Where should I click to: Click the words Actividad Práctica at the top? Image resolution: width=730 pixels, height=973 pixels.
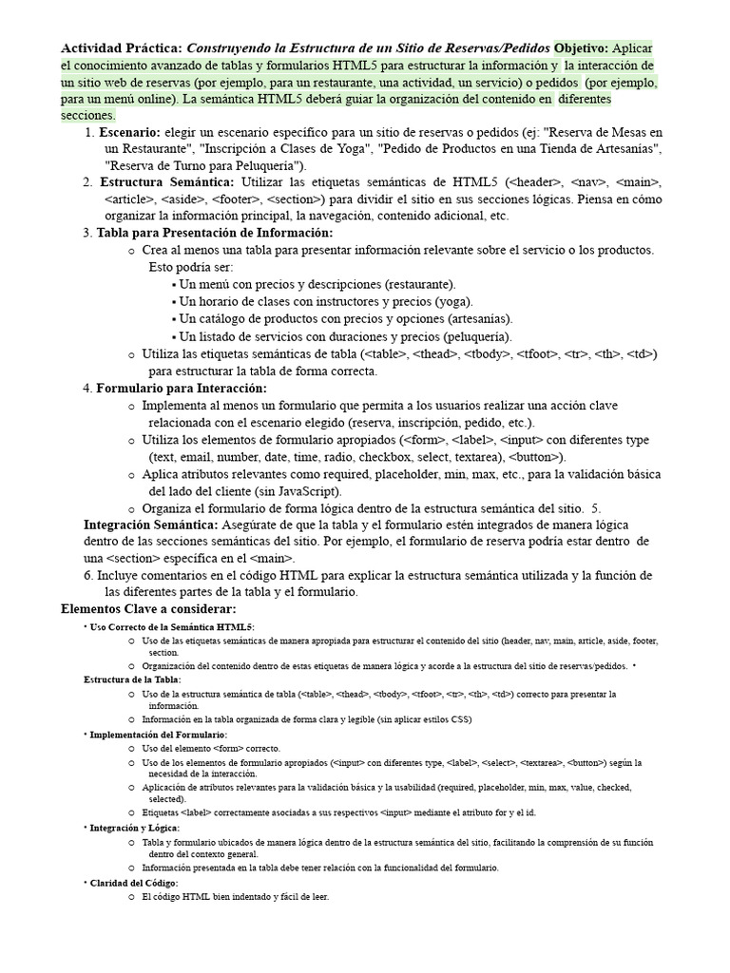click(x=122, y=48)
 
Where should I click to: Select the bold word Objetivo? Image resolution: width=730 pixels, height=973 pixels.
click(x=581, y=48)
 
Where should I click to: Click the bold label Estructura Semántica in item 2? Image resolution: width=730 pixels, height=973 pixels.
click(x=166, y=181)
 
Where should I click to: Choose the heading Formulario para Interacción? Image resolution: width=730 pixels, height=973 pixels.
click(x=182, y=388)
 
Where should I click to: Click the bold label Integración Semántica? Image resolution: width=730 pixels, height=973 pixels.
click(x=150, y=525)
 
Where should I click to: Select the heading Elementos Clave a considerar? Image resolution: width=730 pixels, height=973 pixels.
click(x=148, y=608)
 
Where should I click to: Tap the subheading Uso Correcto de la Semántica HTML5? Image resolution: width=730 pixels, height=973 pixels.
click(x=172, y=627)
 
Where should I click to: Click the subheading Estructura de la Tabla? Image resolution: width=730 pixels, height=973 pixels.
click(x=132, y=679)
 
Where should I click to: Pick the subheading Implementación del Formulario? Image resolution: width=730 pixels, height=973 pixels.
click(x=159, y=735)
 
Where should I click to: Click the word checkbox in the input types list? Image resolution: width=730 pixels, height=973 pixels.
click(x=381, y=457)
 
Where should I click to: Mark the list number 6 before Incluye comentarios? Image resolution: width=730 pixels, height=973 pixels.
click(x=87, y=576)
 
